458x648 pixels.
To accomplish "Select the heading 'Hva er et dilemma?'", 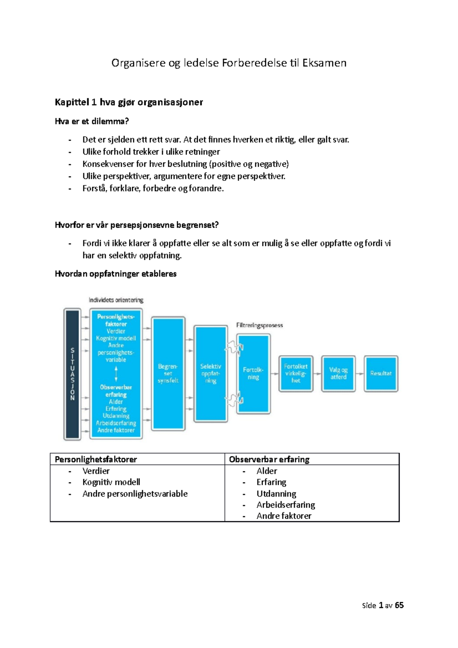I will click(92, 121).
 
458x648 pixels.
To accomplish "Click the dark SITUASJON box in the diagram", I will click(73, 374).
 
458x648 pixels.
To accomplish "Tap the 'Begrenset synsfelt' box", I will click(168, 374).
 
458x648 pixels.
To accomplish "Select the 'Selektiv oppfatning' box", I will click(211, 374).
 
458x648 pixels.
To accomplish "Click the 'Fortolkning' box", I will click(253, 374).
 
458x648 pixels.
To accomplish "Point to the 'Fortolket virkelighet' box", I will click(296, 374).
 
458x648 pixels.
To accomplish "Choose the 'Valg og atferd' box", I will click(339, 374).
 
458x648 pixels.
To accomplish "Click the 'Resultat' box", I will click(381, 374).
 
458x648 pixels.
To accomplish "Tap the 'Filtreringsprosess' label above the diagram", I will click(260, 326).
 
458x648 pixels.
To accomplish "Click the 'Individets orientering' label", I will click(116, 300).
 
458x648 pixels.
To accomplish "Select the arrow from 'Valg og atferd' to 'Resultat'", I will click(360, 374).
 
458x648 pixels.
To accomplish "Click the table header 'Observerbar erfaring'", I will click(269, 459).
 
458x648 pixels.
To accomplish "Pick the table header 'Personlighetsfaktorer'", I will click(96, 459).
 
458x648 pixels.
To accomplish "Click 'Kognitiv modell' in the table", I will click(111, 482).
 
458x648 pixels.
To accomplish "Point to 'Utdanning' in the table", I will click(276, 493).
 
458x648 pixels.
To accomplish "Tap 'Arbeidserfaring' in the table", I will click(286, 505).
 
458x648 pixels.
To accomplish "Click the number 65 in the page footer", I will click(399, 605).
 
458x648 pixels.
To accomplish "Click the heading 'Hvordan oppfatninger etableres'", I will click(116, 274).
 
